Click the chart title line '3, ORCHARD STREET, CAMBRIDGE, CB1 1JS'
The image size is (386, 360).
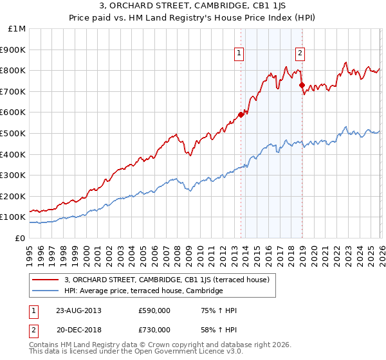tap(192, 7)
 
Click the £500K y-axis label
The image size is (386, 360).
tap(14, 134)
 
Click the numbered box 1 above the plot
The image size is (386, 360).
tap(239, 54)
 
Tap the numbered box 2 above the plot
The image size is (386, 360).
tap(300, 54)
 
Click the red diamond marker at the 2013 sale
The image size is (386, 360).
tap(241, 114)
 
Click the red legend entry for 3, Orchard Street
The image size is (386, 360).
tap(170, 280)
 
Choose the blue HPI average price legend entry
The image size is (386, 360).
tap(143, 291)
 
